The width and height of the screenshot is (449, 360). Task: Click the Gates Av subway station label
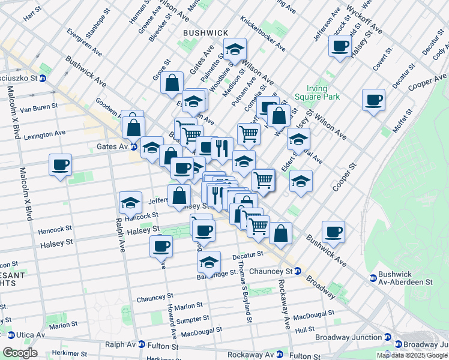pyautogui.click(x=112, y=146)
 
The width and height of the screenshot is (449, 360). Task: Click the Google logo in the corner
pyautogui.click(x=20, y=353)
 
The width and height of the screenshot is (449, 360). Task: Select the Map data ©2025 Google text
pyautogui.click(x=412, y=355)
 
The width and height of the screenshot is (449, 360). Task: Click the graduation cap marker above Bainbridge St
pyautogui.click(x=208, y=261)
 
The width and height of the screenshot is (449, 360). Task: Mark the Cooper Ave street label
pyautogui.click(x=425, y=83)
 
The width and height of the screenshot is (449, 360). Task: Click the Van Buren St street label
pyautogui.click(x=38, y=109)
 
